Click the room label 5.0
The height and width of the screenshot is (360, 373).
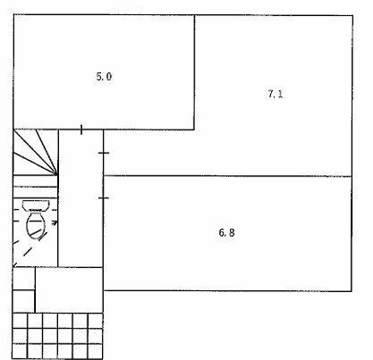pyautogui.click(x=104, y=77)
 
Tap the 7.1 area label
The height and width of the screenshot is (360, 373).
pyautogui.click(x=276, y=94)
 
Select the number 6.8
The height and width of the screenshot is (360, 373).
pyautogui.click(x=226, y=232)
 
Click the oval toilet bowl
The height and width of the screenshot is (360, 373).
pyautogui.click(x=36, y=225)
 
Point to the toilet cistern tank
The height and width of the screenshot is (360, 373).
pyautogui.click(x=36, y=205)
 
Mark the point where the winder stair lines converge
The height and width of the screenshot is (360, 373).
pyautogui.click(x=56, y=174)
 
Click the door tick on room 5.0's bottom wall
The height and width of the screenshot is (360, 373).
pyautogui.click(x=81, y=130)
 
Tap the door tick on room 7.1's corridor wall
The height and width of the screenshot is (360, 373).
pyautogui.click(x=104, y=153)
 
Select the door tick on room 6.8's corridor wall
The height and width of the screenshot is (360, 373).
pyautogui.click(x=104, y=197)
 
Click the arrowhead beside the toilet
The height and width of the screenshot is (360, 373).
pyautogui.click(x=55, y=222)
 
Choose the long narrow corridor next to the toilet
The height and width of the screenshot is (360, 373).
pyautogui.click(x=81, y=198)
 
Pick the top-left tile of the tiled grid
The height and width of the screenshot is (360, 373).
pyautogui.click(x=20, y=321)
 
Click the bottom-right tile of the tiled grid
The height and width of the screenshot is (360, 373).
pyautogui.click(x=96, y=351)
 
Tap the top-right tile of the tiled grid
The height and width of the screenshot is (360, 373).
pyautogui.click(x=96, y=321)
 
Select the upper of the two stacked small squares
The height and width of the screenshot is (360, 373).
pyautogui.click(x=23, y=279)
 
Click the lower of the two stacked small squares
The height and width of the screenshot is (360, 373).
pyautogui.click(x=23, y=301)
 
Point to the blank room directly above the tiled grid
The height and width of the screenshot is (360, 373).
pyautogui.click(x=69, y=290)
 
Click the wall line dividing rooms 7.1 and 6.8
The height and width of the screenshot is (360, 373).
pyautogui.click(x=227, y=176)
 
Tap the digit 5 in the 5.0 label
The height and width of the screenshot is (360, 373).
pyautogui.click(x=99, y=77)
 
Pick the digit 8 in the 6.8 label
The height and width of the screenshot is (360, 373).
pyautogui.click(x=232, y=232)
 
